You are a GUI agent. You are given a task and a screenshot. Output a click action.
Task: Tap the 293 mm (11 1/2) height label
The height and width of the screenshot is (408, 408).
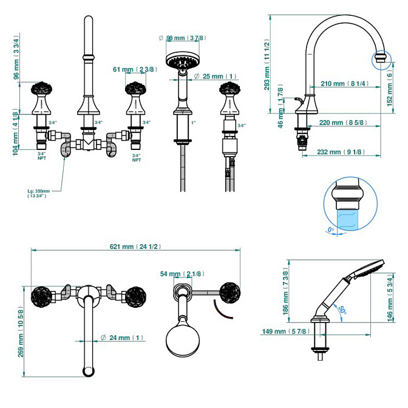click(267, 65)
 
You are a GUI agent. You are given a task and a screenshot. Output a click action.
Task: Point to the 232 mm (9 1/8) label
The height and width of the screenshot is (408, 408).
click(344, 152)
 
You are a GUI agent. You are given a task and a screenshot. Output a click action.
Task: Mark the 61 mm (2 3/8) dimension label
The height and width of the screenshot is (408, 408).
click(135, 69)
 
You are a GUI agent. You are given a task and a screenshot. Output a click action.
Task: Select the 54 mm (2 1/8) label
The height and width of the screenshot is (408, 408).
click(183, 274)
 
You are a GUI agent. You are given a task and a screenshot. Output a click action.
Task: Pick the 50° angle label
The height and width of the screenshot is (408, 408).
click(342, 310)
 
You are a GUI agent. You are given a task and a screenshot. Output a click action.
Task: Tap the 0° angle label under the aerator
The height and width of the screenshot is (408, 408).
click(331, 229)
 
